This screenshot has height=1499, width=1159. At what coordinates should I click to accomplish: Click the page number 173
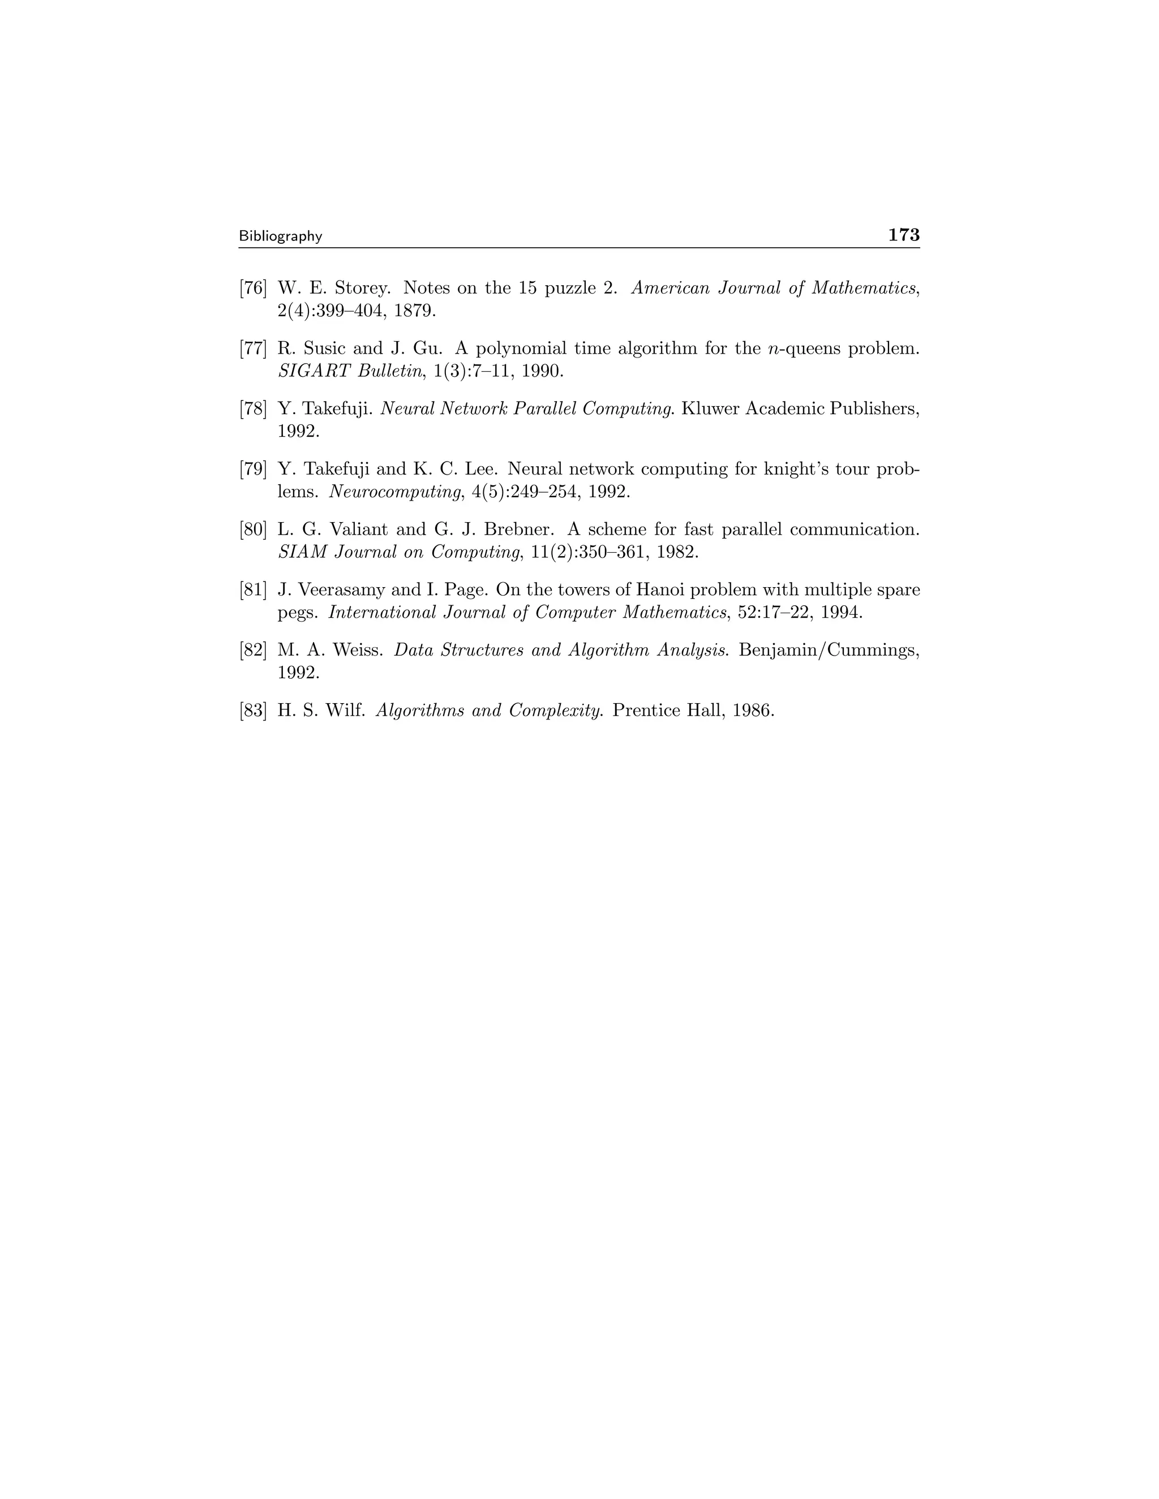[x=904, y=235]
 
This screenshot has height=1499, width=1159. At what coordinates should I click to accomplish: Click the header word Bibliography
[x=280, y=236]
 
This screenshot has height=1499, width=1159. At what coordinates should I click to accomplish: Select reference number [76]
[x=252, y=288]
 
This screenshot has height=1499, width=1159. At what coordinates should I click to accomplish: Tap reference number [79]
[x=252, y=469]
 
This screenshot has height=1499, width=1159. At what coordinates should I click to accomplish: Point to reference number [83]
[x=252, y=710]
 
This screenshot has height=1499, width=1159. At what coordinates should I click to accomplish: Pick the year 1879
[x=415, y=311]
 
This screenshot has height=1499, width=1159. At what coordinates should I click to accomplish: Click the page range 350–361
[x=611, y=552]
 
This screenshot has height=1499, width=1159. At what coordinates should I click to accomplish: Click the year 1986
[x=753, y=710]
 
